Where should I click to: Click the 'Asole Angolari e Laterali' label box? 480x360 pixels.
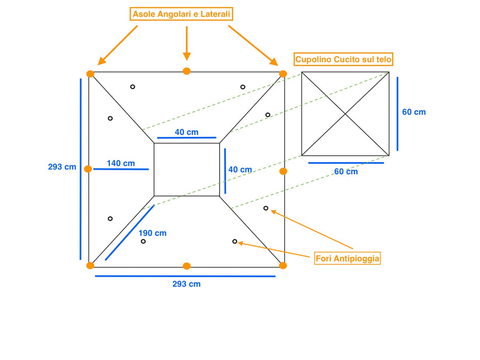181,14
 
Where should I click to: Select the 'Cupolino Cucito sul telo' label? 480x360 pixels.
343,59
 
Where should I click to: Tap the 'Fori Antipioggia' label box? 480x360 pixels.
347,258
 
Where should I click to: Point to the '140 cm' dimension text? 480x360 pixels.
120,164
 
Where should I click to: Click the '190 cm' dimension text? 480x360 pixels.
152,233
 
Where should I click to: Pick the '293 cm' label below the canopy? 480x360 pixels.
186,284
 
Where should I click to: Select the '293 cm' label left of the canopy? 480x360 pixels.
62,167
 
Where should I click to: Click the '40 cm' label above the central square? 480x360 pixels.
186,132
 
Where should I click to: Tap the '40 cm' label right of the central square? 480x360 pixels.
240,170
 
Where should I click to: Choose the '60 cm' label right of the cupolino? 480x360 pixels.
414,112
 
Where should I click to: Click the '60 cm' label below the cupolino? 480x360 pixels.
346,172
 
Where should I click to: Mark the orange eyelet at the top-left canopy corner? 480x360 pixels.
90,74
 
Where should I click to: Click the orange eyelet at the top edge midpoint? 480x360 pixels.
186,71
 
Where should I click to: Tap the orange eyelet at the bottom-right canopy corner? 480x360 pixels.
283,265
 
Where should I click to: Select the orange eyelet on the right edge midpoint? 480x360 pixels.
283,171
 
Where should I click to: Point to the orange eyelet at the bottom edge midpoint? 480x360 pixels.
186,266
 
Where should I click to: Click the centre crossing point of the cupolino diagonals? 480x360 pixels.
345,114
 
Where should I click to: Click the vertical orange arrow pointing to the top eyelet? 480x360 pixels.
187,44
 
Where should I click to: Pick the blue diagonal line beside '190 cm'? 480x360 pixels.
130,232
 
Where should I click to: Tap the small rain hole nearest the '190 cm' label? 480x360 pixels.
143,242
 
